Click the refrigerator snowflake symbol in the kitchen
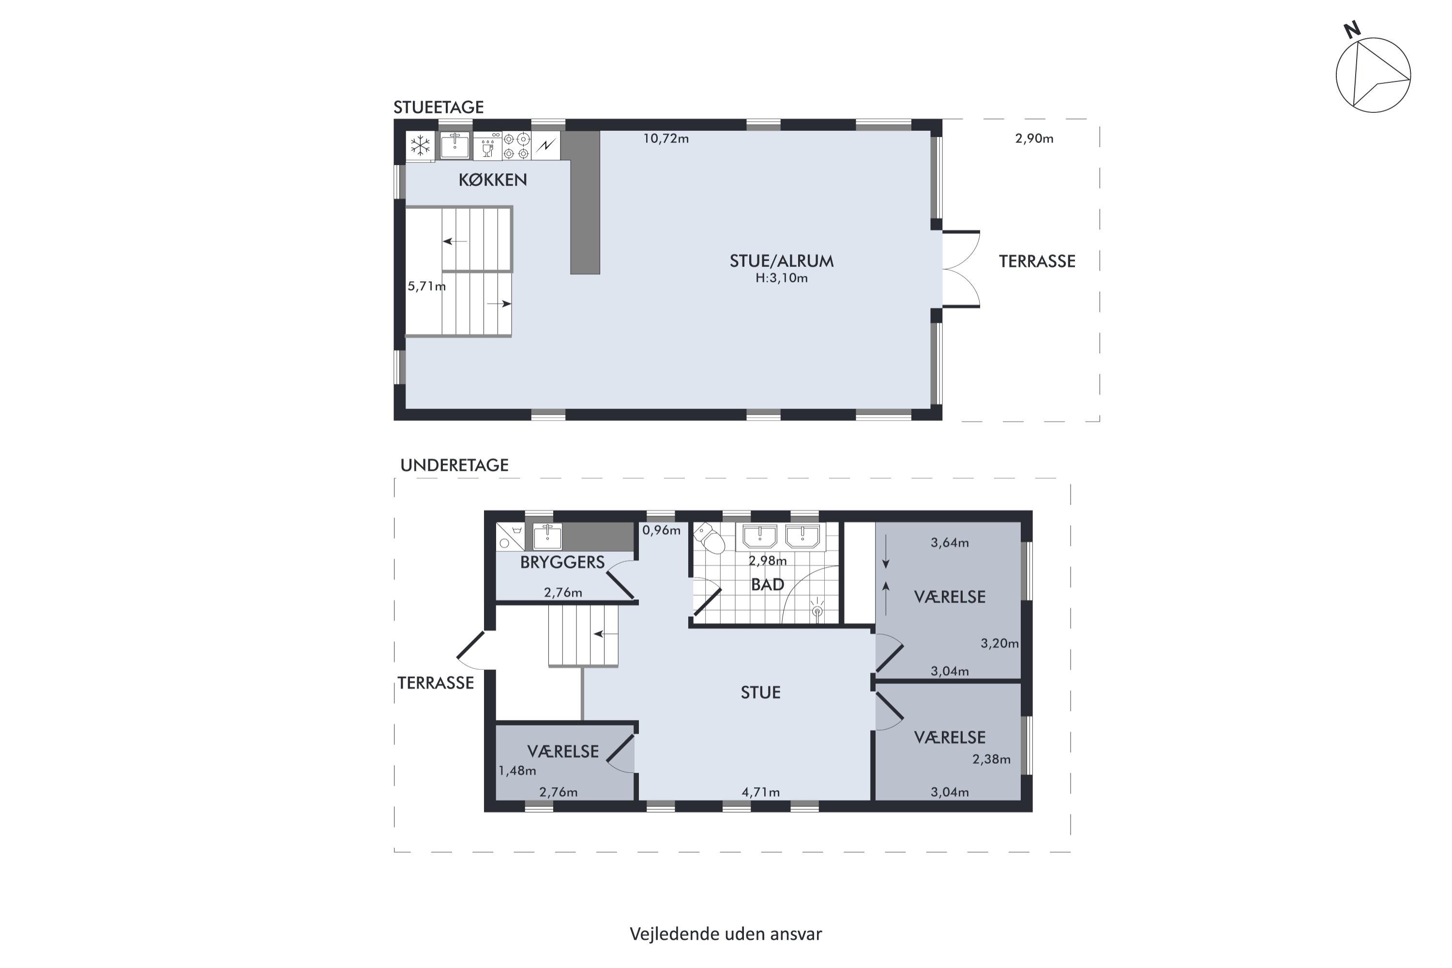click(x=421, y=146)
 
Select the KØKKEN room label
click(x=493, y=180)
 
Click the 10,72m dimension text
click(x=666, y=138)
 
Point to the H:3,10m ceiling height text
click(x=782, y=278)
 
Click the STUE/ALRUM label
click(x=782, y=261)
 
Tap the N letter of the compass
click(x=1352, y=30)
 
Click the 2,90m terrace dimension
click(x=1034, y=138)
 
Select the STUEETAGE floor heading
click(x=439, y=107)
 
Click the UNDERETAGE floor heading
click(x=454, y=466)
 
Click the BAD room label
click(x=767, y=585)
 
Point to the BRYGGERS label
click(x=562, y=562)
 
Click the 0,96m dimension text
click(x=661, y=530)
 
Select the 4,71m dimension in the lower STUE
click(x=760, y=792)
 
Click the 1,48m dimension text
click(x=517, y=771)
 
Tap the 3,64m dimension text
click(x=950, y=543)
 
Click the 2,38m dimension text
click(x=991, y=759)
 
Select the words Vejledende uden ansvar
click(x=726, y=934)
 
